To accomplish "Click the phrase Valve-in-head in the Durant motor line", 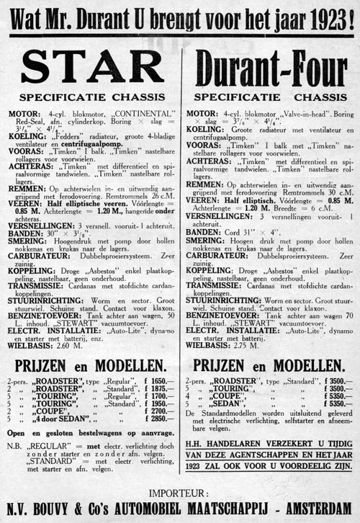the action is point(284,114).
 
